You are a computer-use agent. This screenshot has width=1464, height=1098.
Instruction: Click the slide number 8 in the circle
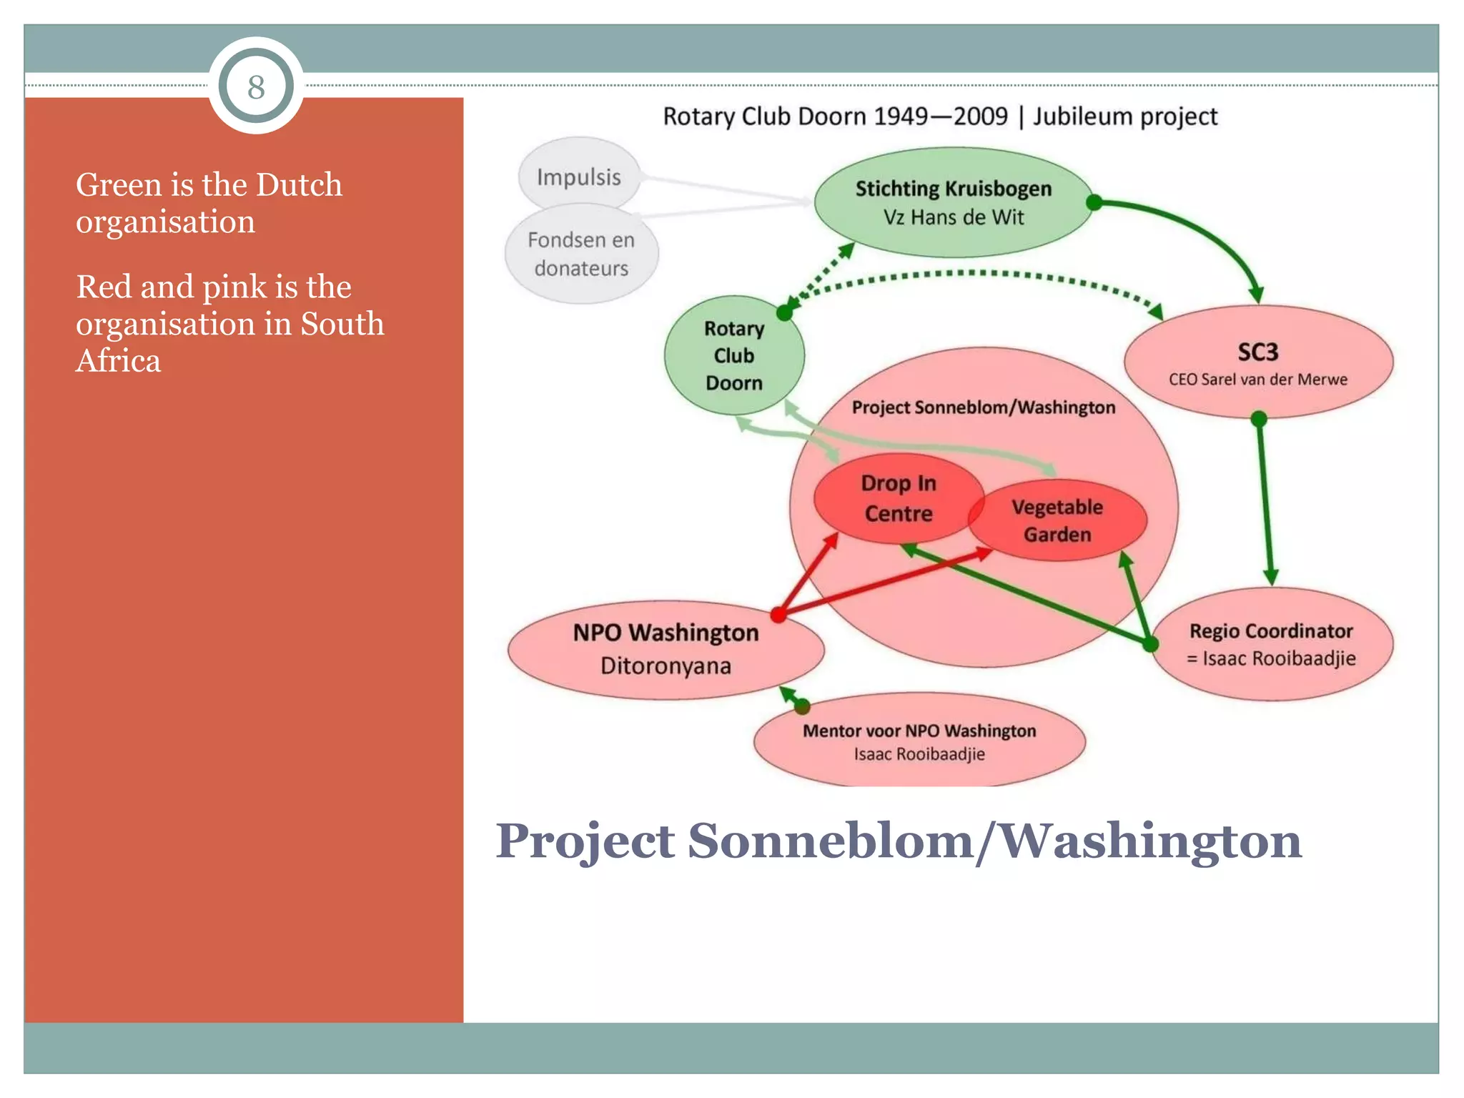click(256, 87)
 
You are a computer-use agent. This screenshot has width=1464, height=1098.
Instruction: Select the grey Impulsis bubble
click(578, 177)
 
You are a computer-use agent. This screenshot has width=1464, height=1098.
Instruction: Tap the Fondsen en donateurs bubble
click(581, 254)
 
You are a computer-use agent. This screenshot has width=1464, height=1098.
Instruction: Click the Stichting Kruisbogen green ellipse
click(953, 202)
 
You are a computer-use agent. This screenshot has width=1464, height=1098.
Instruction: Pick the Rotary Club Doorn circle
click(733, 355)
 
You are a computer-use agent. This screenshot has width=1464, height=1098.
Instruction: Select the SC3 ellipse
click(1257, 362)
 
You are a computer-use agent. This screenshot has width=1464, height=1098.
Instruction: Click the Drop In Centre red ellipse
click(898, 498)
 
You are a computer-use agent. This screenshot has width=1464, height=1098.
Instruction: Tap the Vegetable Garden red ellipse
click(1057, 520)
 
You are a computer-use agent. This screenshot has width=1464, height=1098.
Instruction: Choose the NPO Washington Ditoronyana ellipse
click(665, 649)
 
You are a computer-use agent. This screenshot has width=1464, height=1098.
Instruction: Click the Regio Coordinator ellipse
click(1271, 643)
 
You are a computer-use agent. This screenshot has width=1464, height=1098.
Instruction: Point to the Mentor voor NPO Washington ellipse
click(919, 741)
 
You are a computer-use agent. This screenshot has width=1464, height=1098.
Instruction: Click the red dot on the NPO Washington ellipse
click(778, 614)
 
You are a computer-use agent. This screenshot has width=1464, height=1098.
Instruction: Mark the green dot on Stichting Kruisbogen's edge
click(1094, 202)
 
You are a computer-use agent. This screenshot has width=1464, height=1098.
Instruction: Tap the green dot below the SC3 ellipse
click(1259, 419)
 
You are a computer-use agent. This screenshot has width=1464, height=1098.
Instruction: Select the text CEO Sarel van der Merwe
click(1257, 380)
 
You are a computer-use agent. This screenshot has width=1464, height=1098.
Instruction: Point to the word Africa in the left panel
click(119, 360)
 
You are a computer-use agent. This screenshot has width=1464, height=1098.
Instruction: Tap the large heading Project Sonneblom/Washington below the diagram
click(898, 841)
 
